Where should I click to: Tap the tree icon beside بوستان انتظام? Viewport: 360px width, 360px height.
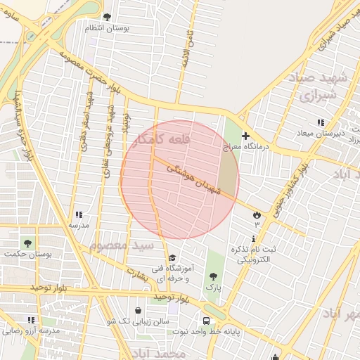tap(107, 16)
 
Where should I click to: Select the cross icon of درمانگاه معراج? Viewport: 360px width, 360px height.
tap(245, 136)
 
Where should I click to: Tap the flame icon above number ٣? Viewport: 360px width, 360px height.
tap(256, 214)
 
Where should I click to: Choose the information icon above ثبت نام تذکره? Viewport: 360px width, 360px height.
tap(253, 238)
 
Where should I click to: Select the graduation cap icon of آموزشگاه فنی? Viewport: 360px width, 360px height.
tap(173, 257)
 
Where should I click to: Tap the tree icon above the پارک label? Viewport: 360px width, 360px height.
tap(213, 276)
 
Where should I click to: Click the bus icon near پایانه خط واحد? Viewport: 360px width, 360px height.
tap(206, 309)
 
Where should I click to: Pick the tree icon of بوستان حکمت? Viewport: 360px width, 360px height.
tap(27, 243)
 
